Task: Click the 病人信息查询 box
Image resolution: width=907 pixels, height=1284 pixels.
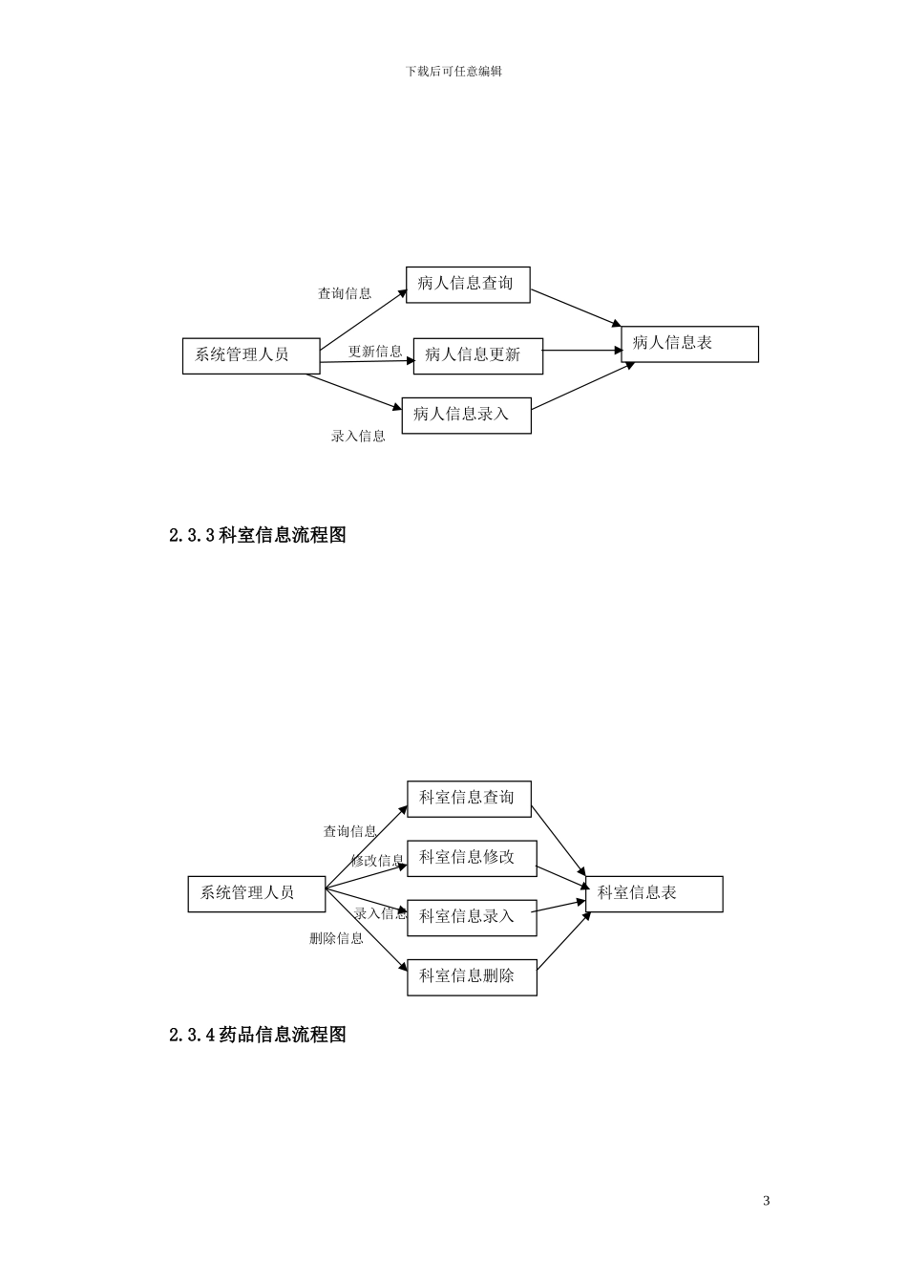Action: (x=467, y=285)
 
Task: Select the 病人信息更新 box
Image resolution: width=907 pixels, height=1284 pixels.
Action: (x=477, y=355)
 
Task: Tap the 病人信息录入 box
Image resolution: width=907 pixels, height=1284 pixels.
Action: (x=466, y=415)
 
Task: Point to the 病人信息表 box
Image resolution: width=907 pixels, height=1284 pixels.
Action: (x=689, y=344)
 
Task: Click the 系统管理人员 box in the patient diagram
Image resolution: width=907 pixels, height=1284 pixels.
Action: (x=250, y=354)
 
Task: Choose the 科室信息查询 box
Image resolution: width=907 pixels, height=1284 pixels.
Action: (x=469, y=799)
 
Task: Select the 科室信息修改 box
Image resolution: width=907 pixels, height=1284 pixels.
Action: (x=472, y=858)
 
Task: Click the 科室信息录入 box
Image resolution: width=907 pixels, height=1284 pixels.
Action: (x=472, y=917)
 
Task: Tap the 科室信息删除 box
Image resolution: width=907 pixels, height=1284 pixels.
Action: (x=472, y=976)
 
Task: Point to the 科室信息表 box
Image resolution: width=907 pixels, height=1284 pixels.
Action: (x=653, y=894)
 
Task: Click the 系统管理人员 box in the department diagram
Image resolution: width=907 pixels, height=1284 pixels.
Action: (x=256, y=894)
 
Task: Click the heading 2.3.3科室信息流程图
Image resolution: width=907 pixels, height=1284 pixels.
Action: (x=258, y=535)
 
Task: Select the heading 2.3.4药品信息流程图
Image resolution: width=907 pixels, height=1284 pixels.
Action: (x=258, y=1035)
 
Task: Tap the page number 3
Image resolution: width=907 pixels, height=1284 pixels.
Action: (x=767, y=1201)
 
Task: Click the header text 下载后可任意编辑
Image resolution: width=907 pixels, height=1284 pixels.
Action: (x=453, y=72)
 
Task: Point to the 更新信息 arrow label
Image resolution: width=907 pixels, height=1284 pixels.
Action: (x=375, y=352)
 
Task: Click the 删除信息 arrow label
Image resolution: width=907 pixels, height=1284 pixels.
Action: (x=336, y=938)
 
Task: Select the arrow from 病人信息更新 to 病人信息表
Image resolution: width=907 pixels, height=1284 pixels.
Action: (x=582, y=351)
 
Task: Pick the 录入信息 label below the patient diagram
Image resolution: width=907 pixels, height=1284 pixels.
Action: (x=358, y=437)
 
